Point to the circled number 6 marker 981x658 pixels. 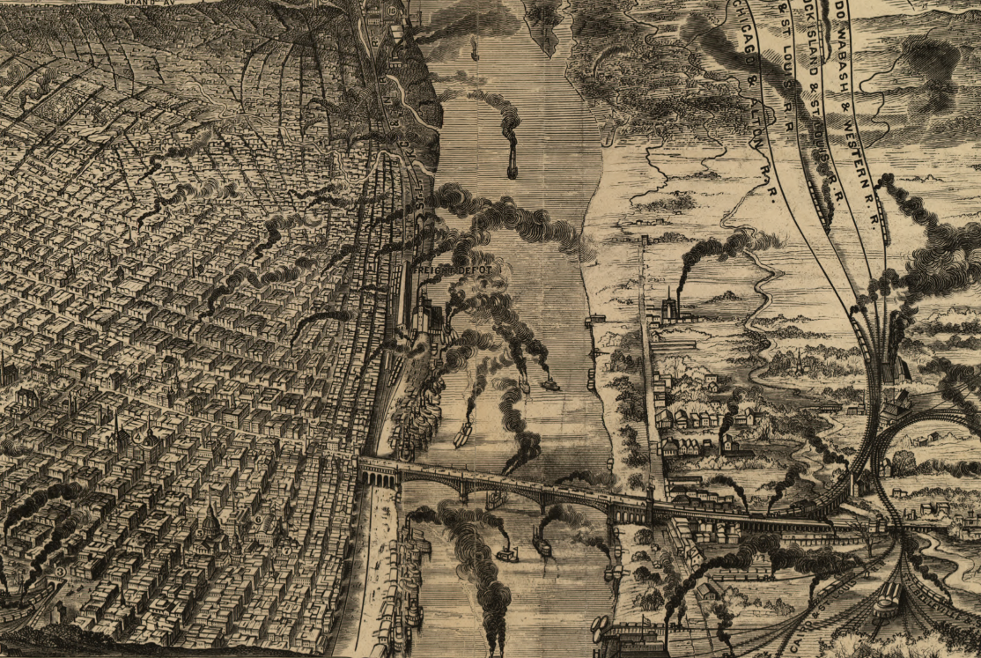(258, 520)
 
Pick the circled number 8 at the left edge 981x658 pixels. (59, 571)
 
